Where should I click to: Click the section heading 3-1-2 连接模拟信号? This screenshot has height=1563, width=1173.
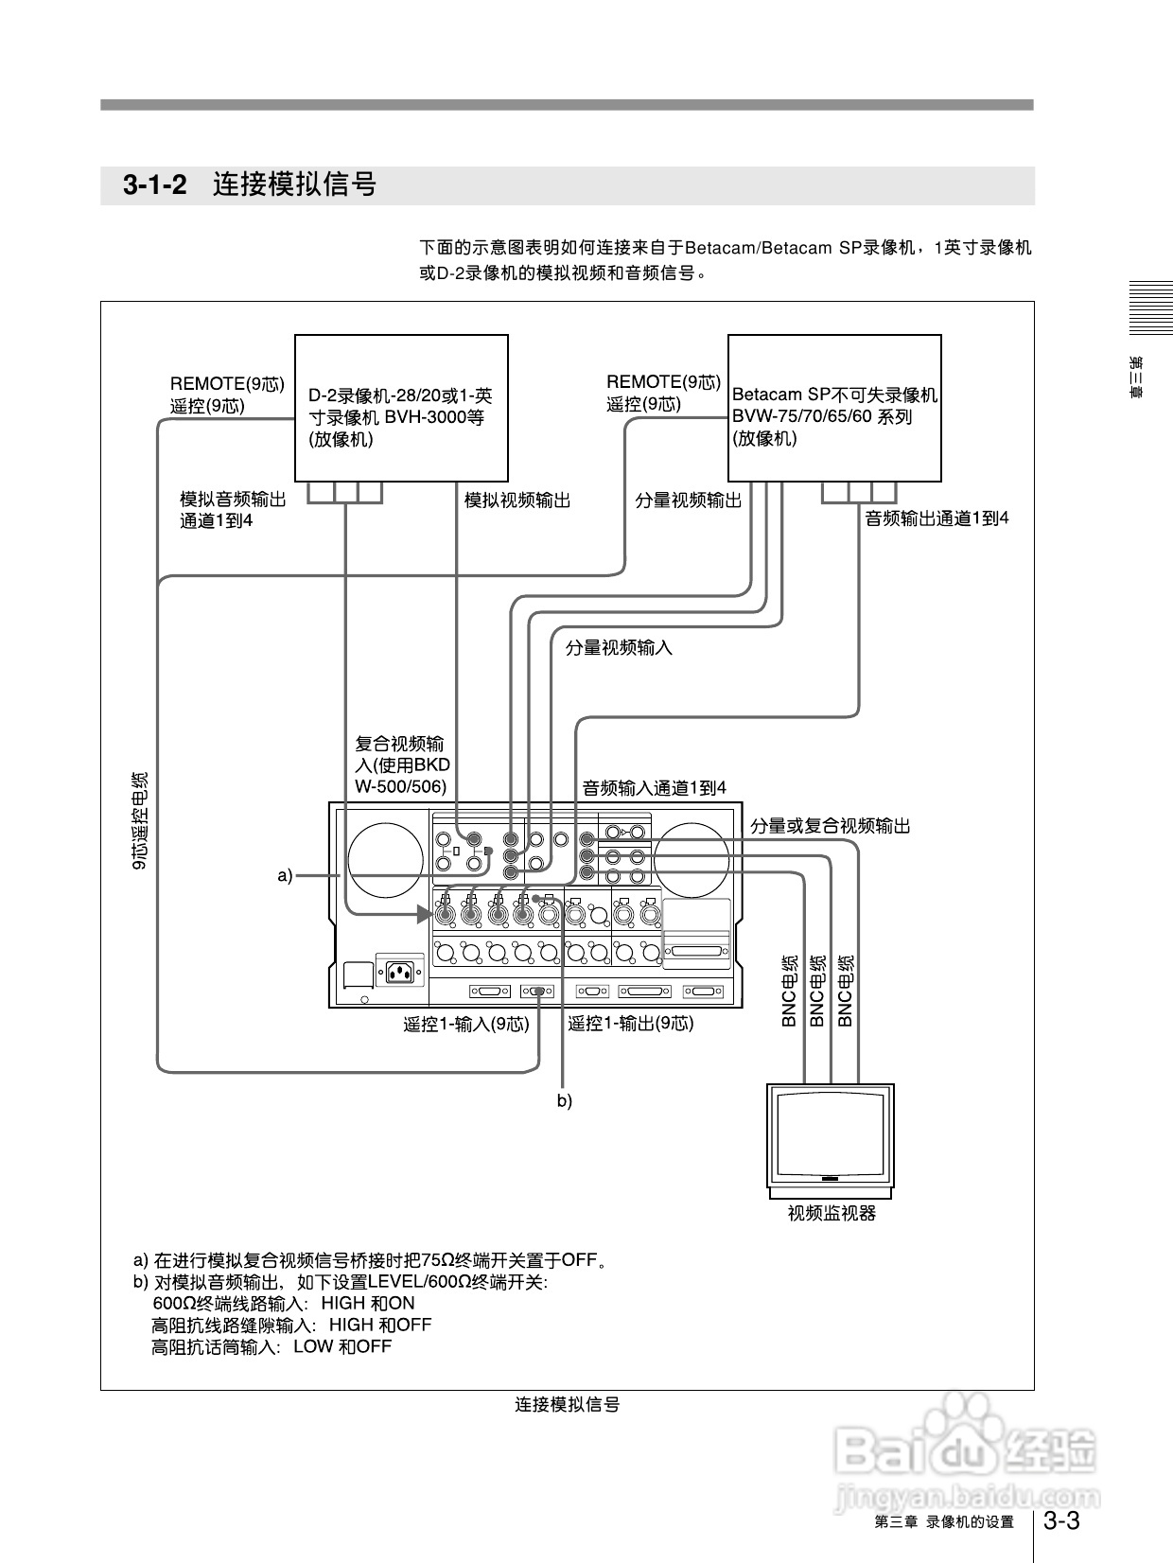(x=250, y=184)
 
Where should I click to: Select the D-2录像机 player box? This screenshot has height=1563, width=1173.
(x=401, y=408)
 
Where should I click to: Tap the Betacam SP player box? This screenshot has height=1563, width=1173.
(x=833, y=408)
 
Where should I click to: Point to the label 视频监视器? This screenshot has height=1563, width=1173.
(x=832, y=1213)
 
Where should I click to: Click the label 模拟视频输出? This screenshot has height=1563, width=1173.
(x=517, y=501)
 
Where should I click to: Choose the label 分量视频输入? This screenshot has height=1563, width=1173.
(x=619, y=648)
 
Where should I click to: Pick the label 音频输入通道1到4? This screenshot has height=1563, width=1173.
(x=654, y=788)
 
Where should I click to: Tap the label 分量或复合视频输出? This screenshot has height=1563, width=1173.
(x=830, y=826)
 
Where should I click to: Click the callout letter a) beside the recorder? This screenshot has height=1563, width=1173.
(x=285, y=876)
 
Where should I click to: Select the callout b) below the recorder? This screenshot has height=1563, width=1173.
(x=564, y=1101)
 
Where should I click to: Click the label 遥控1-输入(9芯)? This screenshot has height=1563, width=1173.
(x=466, y=1024)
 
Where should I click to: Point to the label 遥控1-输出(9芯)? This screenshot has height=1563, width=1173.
(x=631, y=1024)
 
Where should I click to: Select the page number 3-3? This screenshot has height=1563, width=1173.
(x=1060, y=1521)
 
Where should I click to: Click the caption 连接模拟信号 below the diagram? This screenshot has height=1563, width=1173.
(x=567, y=1405)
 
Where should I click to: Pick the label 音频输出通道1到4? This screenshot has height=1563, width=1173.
(x=937, y=518)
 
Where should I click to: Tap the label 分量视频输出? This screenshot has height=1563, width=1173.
(x=688, y=501)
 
